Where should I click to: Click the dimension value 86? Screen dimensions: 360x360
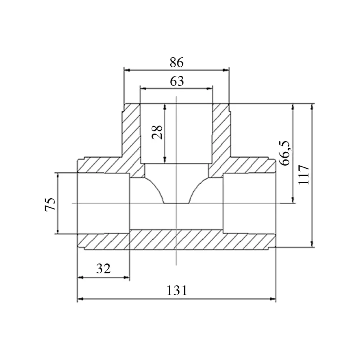tap(176, 62)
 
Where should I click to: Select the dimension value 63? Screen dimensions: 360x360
tap(177, 81)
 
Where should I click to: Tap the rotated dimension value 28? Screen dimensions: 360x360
tap(158, 132)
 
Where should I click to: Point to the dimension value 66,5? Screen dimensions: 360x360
tap(285, 153)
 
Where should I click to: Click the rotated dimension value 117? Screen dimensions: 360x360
tap(304, 175)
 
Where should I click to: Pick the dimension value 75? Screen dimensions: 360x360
tap(50, 204)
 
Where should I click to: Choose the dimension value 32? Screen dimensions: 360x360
tap(103, 269)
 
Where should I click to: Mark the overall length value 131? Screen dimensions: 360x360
tap(177, 291)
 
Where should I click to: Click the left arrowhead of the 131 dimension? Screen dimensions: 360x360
tap(80, 299)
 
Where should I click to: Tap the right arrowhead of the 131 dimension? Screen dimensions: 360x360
tap(273, 299)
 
